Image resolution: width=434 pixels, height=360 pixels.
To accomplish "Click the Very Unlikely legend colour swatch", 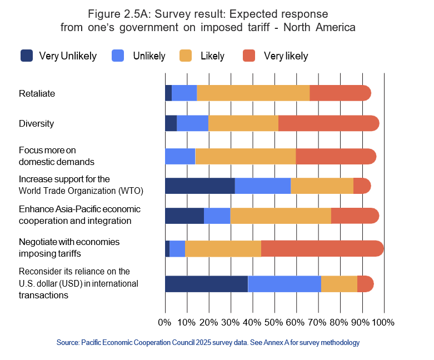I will (27, 56).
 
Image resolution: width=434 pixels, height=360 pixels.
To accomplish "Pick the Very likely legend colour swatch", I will (250, 56).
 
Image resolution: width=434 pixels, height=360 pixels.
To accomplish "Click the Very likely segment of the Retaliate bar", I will (340, 93).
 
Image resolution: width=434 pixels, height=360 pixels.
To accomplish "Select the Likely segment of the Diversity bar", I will (243, 123).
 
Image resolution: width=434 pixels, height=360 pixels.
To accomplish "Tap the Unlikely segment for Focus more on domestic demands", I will (180, 157).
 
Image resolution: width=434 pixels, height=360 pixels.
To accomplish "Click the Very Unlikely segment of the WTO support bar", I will (200, 186).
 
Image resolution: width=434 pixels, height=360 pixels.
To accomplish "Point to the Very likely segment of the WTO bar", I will (362, 186).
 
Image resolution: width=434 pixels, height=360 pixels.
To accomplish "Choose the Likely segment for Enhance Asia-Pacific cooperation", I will (281, 216).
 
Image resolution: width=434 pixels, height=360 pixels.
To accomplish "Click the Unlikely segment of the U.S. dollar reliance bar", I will (285, 283).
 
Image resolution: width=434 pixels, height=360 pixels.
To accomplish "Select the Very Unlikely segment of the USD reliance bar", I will (206, 283).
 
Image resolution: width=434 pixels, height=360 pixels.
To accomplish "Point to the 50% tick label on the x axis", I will (275, 322).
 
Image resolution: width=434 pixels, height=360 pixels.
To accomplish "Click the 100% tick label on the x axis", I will (383, 322).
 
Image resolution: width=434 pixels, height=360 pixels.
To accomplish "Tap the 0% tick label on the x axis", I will (164, 322).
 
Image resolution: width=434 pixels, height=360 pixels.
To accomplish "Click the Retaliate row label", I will (37, 93).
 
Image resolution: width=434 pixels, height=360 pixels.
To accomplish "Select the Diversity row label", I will (36, 123).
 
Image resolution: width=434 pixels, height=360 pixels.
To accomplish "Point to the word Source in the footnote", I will (68, 343).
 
